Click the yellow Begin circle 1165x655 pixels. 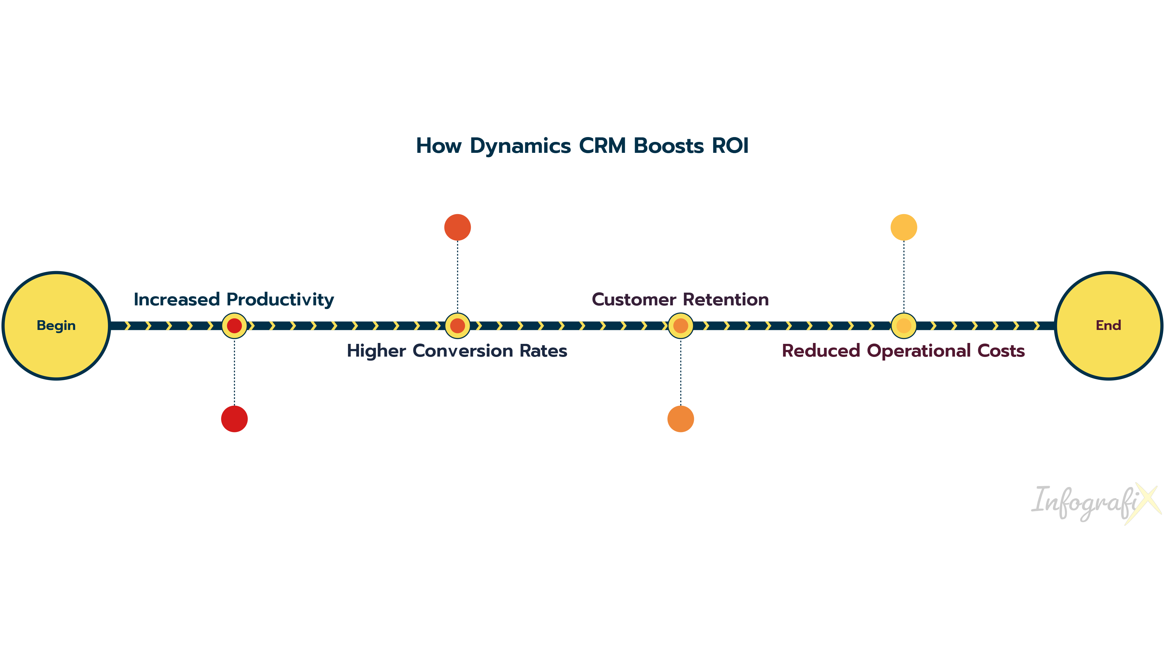click(x=56, y=325)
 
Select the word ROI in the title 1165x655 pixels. click(x=730, y=146)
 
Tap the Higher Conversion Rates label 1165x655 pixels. click(x=457, y=351)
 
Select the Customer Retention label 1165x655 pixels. click(x=680, y=299)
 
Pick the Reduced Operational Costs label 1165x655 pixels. click(x=903, y=351)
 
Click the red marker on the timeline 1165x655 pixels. click(x=234, y=325)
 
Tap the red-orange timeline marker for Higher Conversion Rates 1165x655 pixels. click(x=458, y=325)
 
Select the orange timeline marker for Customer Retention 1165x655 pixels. click(x=680, y=325)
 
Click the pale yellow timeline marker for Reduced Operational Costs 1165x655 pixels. click(x=903, y=325)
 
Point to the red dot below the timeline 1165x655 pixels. click(x=234, y=418)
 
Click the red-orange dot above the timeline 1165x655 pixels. click(x=458, y=227)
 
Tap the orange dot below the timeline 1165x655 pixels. click(x=680, y=418)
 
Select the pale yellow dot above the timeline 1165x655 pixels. click(x=903, y=227)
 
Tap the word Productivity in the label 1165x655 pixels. click(x=280, y=299)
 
